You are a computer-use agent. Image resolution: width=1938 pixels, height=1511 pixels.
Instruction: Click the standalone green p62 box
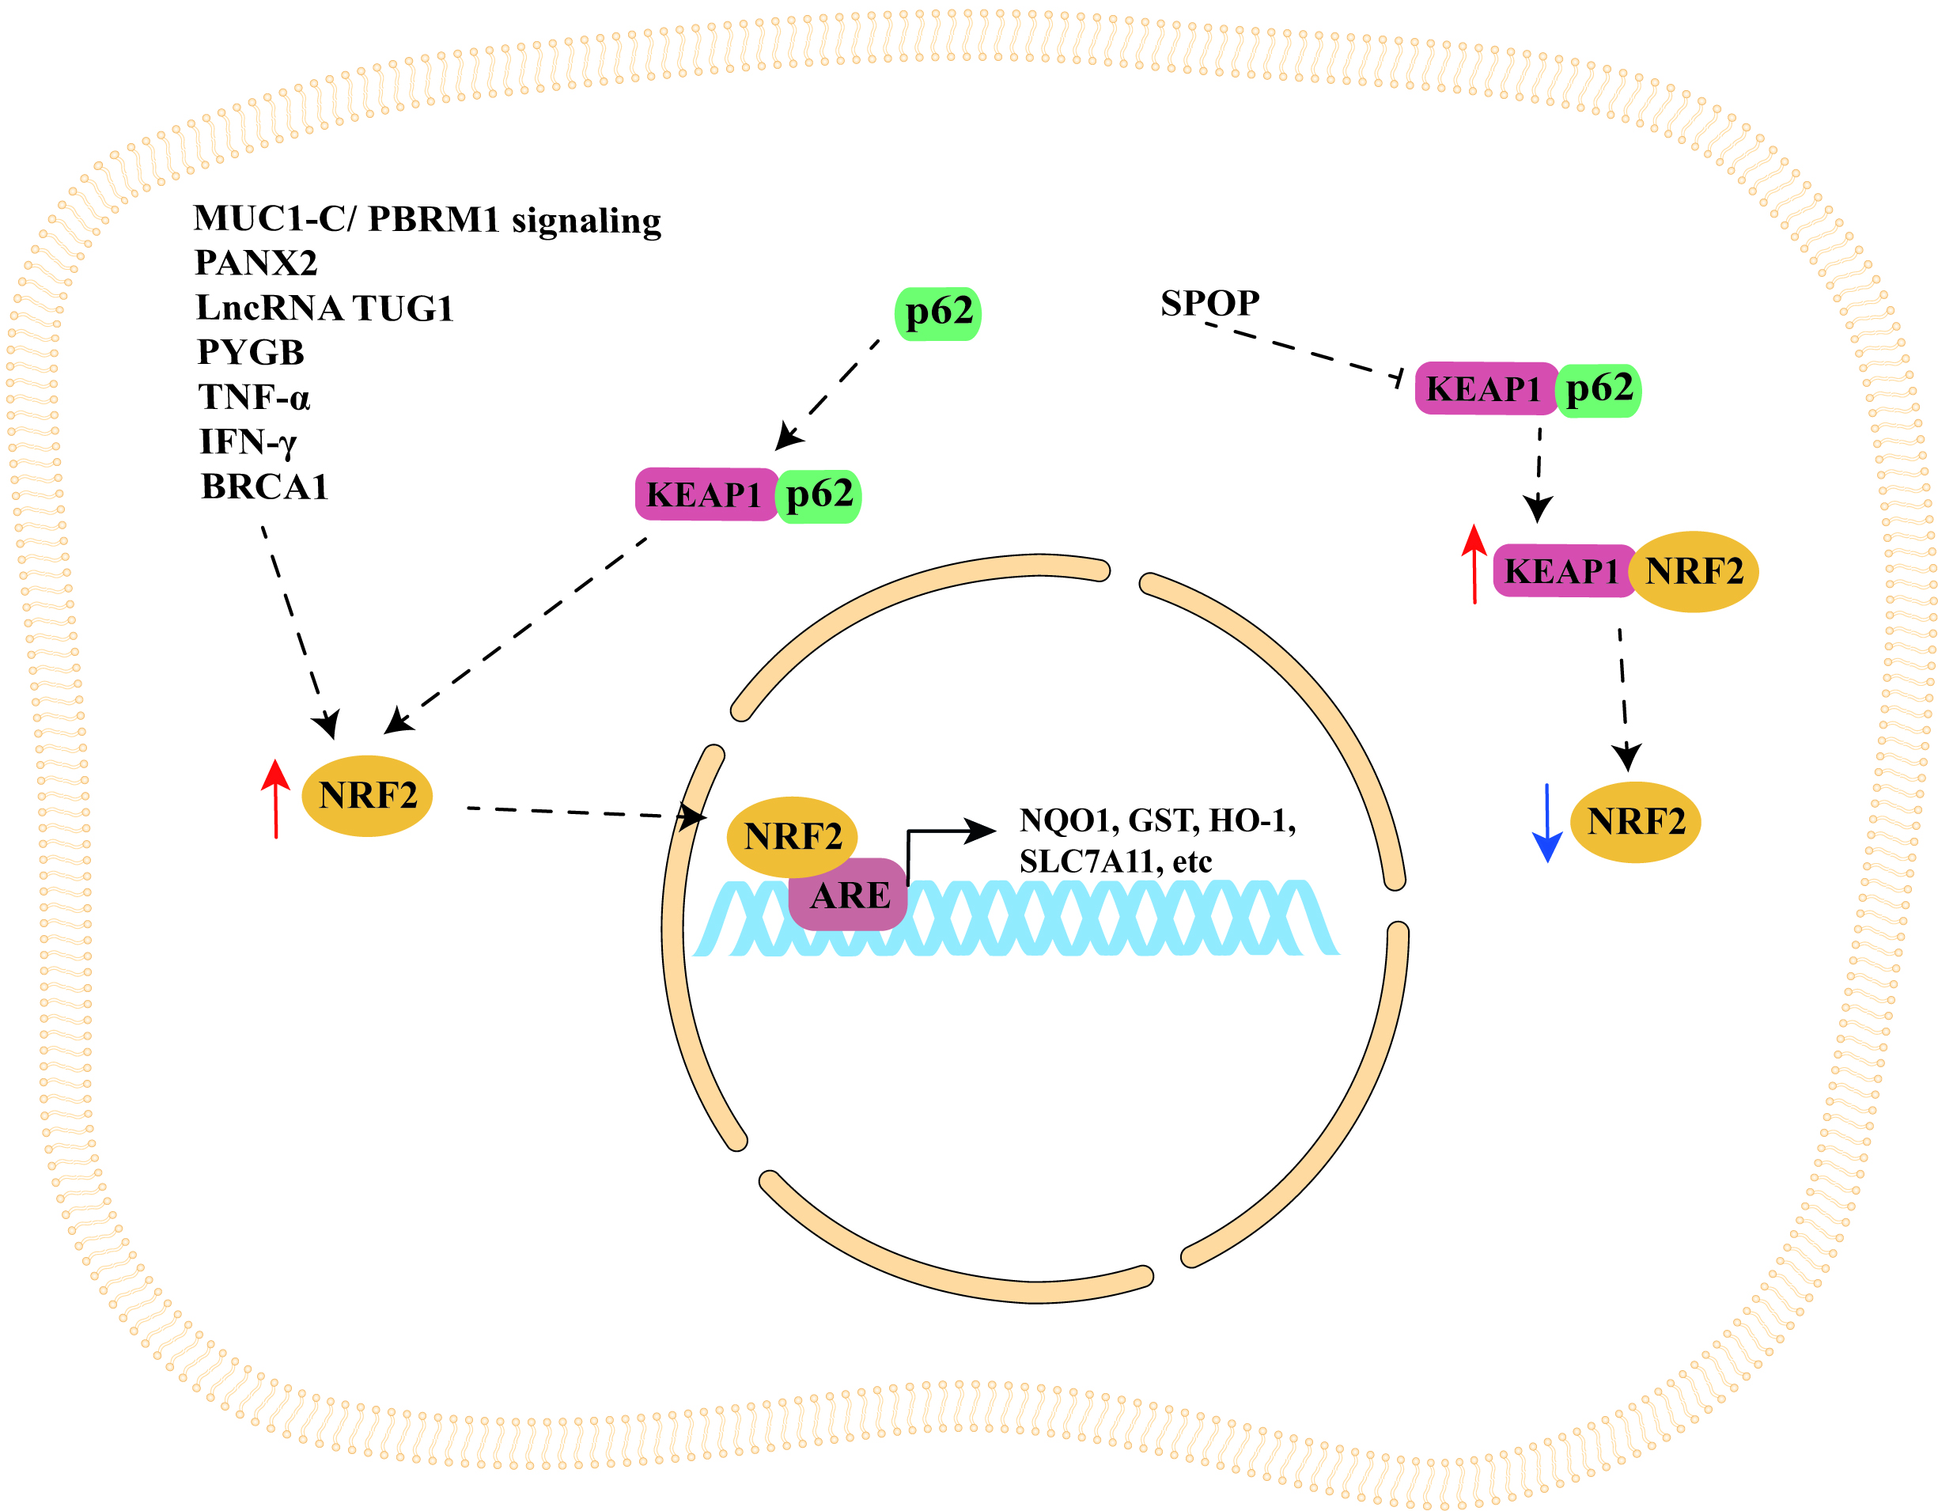pos(938,313)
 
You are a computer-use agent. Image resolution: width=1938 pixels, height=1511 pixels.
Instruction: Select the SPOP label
pos(1209,304)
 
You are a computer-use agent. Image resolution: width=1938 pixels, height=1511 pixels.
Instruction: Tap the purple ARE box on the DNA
pos(850,896)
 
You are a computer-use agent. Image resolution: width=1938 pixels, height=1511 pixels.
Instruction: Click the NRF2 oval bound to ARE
pos(792,836)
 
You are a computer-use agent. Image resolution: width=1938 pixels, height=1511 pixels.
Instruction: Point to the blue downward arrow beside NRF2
pos(1546,823)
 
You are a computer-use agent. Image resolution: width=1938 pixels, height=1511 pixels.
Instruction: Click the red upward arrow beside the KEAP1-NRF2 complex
pos(1474,564)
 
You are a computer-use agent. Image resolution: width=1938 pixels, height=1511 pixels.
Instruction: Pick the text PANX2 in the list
pos(255,263)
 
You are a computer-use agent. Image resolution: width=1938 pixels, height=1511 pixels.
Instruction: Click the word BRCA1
pos(264,487)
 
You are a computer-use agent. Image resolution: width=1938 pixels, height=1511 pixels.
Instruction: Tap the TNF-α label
pos(254,396)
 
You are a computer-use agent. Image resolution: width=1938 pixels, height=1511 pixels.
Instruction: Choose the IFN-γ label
pos(248,442)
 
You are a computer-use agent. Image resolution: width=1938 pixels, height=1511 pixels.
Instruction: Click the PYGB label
pos(250,352)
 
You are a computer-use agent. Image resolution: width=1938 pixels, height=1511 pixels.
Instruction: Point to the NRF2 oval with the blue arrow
pos(1634,822)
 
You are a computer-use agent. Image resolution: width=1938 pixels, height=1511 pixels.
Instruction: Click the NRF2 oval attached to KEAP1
pos(1694,571)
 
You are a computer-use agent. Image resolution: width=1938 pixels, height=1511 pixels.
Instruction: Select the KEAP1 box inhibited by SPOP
pos(1484,388)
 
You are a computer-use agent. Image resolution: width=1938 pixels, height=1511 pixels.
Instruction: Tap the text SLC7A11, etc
pos(1115,862)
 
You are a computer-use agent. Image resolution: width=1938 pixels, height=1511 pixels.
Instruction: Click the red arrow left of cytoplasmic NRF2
pos(276,798)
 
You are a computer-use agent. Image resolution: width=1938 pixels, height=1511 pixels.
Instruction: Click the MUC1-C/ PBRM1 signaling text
pos(427,219)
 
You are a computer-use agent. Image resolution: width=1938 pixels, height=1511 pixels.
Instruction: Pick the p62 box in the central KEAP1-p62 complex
pos(819,495)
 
